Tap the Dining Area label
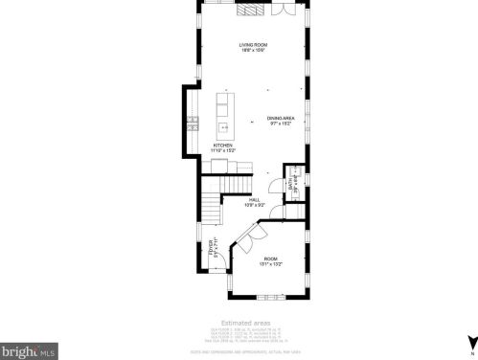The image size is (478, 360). [281, 120]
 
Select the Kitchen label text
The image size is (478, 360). [223, 146]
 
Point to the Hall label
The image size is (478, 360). [255, 201]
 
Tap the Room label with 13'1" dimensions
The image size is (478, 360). [271, 261]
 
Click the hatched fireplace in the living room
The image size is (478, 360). [250, 10]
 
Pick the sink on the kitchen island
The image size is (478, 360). [223, 125]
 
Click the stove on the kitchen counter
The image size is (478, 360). [192, 123]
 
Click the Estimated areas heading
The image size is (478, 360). [245, 323]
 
